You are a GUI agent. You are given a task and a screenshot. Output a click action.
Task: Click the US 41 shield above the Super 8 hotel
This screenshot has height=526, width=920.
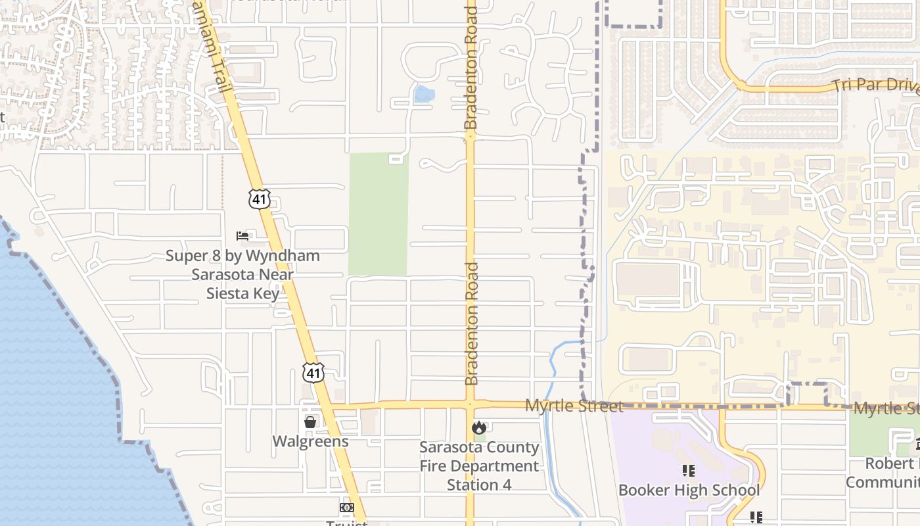(260, 199)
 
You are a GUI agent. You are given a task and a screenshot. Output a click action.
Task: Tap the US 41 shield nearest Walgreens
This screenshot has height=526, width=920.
(313, 373)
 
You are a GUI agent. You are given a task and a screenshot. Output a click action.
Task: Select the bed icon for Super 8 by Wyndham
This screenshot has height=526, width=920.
(242, 235)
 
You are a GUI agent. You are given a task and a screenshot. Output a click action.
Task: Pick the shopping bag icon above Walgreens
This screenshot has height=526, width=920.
(310, 421)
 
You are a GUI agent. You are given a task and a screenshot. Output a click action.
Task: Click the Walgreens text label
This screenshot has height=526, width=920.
(310, 441)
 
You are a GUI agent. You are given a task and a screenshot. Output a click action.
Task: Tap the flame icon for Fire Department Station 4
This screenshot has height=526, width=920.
(479, 427)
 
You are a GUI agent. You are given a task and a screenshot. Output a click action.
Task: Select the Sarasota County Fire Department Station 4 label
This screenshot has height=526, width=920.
(479, 466)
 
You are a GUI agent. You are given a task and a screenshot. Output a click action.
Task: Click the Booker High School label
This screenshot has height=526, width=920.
(689, 490)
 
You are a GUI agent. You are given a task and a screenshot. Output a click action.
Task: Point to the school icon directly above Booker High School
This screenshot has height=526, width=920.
(689, 471)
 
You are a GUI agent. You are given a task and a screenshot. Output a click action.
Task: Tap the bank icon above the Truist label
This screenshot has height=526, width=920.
(346, 508)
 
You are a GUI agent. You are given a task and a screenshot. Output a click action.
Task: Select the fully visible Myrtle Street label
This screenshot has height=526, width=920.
(574, 406)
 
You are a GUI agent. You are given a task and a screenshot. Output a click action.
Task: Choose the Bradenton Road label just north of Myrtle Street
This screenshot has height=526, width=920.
(471, 323)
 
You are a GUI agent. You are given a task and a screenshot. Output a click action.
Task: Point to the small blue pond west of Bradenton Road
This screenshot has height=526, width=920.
(424, 95)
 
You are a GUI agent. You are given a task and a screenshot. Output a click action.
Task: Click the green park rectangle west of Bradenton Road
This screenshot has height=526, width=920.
(378, 214)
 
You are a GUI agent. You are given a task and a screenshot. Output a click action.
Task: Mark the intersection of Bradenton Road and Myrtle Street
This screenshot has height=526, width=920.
(471, 404)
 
